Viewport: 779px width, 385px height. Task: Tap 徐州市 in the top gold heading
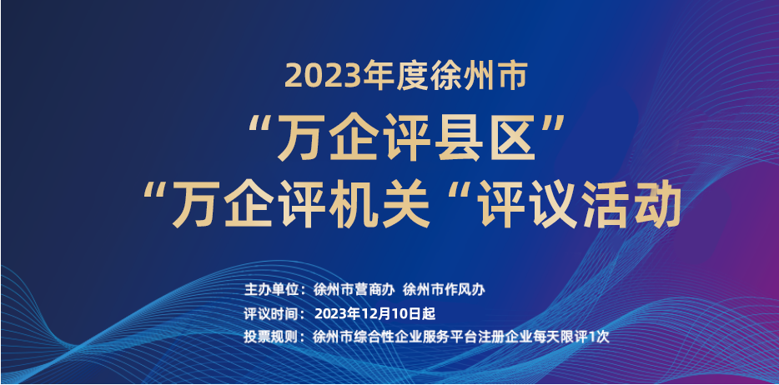pos(478,77)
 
